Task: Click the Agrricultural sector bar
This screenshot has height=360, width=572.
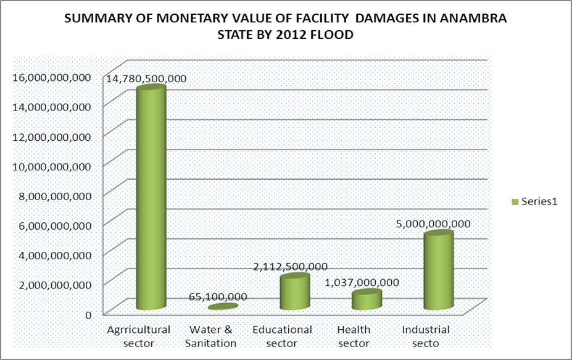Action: (151, 198)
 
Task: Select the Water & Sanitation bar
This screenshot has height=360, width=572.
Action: (223, 306)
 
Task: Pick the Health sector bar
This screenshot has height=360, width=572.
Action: (367, 299)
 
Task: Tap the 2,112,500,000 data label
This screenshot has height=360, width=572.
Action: (290, 267)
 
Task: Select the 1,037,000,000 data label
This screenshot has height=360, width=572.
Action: (362, 282)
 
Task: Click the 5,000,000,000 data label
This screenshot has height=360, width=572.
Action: (434, 224)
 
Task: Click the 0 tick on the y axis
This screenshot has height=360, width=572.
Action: (88, 314)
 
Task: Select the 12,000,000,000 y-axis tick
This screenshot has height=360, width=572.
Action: (51, 136)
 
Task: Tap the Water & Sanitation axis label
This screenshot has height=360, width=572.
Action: (213, 336)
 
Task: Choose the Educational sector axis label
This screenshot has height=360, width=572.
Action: (283, 336)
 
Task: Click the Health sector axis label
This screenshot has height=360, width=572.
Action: (354, 336)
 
